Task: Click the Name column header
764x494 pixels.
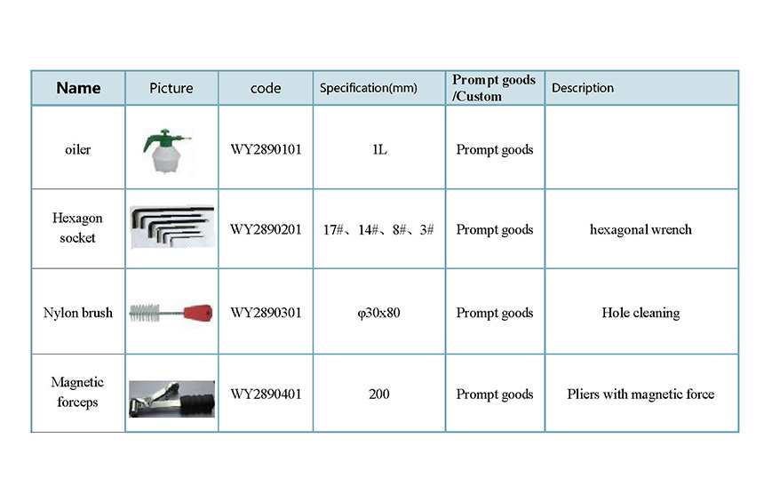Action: pos(78,88)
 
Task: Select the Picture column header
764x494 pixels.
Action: pos(171,88)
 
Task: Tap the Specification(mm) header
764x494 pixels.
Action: pos(369,88)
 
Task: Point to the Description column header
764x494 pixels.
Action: pos(583,88)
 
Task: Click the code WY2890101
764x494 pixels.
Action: pos(266,149)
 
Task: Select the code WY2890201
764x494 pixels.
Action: pos(266,229)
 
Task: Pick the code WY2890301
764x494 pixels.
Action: pos(266,312)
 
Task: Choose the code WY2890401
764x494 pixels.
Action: pos(266,394)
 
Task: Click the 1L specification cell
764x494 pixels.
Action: pos(379,149)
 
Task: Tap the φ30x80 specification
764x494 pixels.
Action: pos(378,313)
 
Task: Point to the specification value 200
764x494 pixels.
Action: pos(379,394)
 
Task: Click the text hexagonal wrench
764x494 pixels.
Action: pos(641,229)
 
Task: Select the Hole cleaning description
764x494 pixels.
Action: pos(641,313)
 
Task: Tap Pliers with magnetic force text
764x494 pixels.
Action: pos(641,394)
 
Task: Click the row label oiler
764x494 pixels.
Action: pos(78,149)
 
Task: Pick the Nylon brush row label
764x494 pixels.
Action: pos(78,312)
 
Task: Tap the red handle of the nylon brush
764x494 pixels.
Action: pos(198,312)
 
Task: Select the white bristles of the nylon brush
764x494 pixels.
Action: pos(145,312)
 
